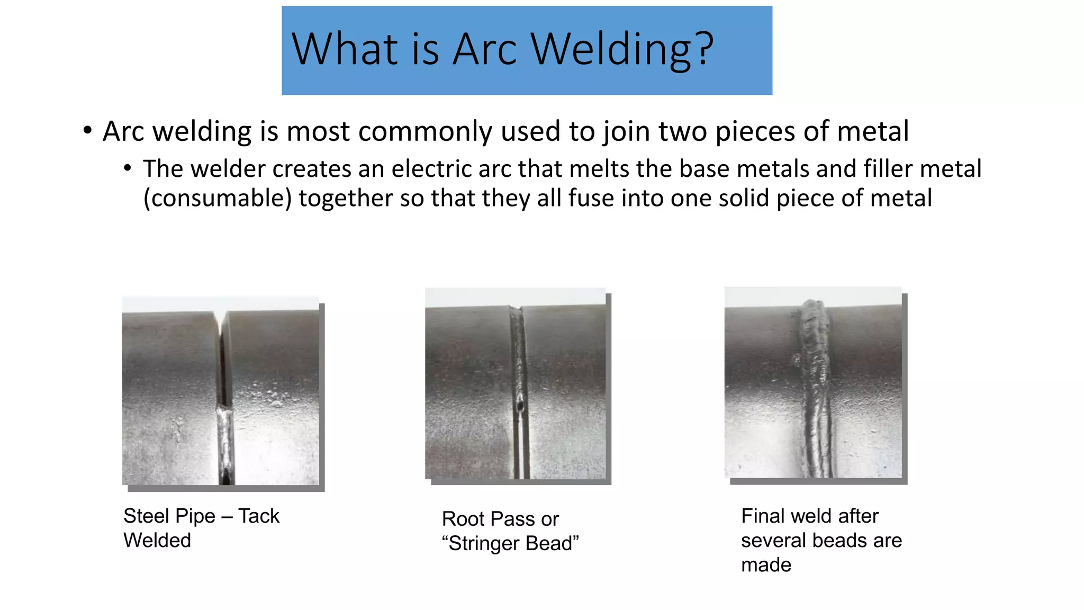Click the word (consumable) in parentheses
point(218,199)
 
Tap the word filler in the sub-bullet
point(888,169)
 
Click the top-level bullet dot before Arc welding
point(88,131)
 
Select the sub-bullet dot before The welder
point(127,169)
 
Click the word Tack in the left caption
point(258,516)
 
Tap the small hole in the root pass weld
point(521,406)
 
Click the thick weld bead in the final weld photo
point(815,387)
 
